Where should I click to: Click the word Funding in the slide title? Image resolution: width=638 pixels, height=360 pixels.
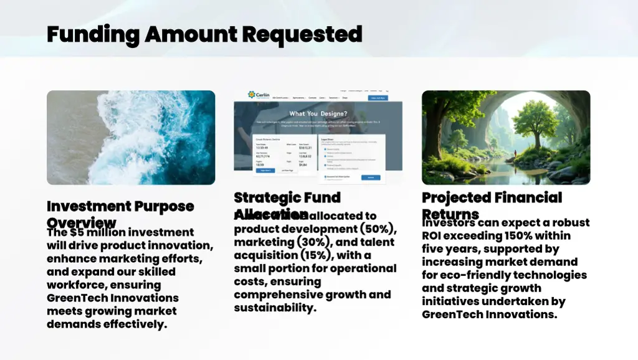(93, 34)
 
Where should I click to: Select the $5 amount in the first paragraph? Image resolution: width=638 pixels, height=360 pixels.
(76, 232)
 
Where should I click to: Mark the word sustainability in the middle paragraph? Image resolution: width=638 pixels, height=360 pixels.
(275, 308)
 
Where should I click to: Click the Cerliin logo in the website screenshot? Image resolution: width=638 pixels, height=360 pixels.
(259, 95)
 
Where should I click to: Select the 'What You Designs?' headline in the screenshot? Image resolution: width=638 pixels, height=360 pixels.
(318, 113)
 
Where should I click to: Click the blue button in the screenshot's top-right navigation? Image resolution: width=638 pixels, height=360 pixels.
(378, 98)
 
